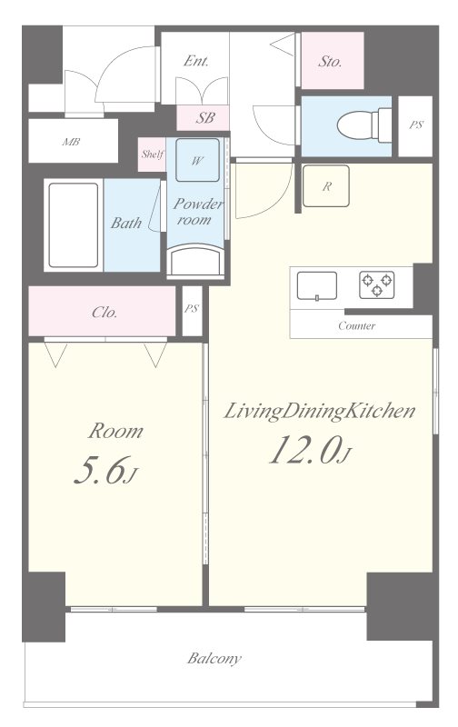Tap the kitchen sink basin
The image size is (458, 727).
tap(317, 286)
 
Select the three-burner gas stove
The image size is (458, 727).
tap(377, 284)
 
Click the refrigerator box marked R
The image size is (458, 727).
tap(326, 186)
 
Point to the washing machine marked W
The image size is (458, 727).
tap(197, 160)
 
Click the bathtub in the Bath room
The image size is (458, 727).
tap(74, 225)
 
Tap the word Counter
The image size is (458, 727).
tap(356, 325)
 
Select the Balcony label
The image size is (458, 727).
tap(214, 658)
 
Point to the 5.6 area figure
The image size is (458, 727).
tap(106, 470)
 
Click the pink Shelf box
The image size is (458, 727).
tap(152, 154)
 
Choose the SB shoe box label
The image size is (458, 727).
tap(204, 118)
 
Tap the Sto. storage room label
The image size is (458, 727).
tap(330, 61)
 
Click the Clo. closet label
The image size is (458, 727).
tap(105, 312)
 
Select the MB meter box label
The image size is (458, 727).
tap(71, 142)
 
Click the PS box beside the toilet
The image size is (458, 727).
tap(415, 126)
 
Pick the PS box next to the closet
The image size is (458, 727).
tap(192, 311)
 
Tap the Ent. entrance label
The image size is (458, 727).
tap(195, 61)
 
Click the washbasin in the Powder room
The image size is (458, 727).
tap(195, 261)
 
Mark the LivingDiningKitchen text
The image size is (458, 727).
tap(319, 412)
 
